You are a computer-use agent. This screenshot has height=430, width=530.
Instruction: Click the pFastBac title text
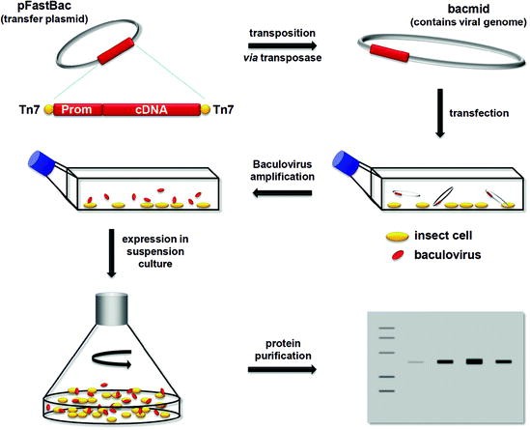coord(38,8)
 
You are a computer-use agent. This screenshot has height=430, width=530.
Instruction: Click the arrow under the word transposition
coord(290,43)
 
